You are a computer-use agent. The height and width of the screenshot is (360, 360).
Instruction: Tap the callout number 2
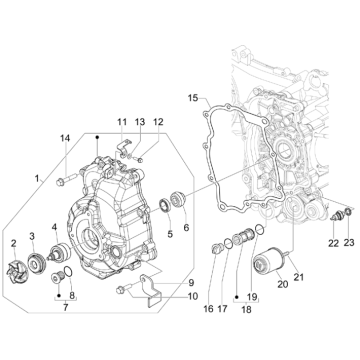click(x=13, y=244)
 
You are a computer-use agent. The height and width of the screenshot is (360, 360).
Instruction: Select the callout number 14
click(x=65, y=137)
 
